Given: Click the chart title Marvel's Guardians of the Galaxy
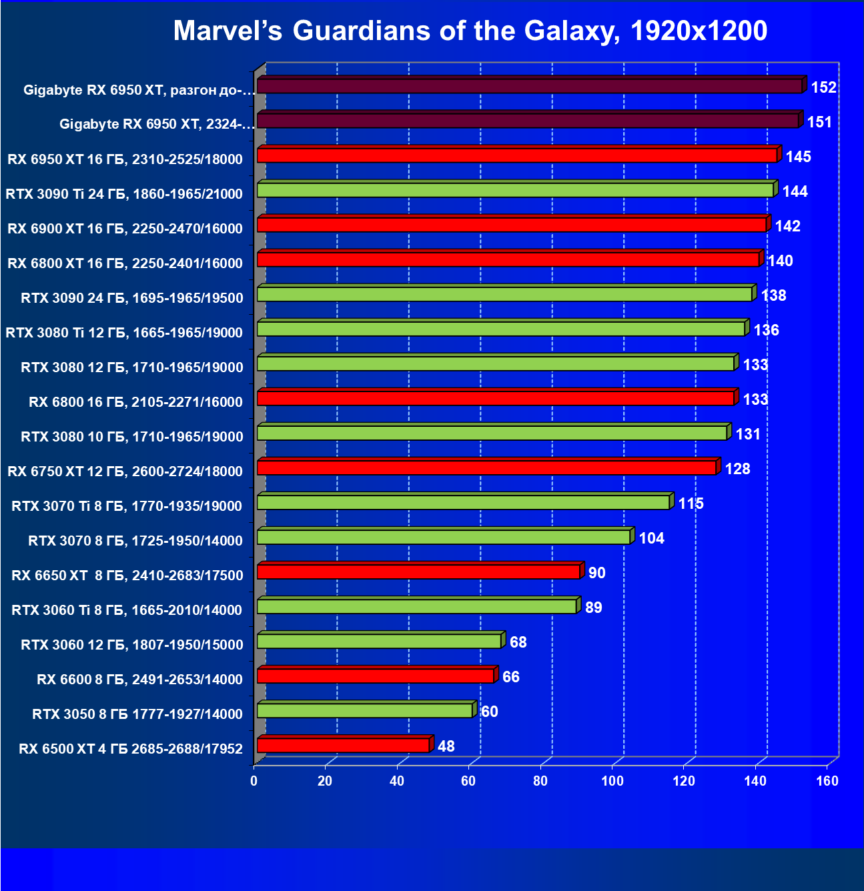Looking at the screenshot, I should click(x=470, y=31).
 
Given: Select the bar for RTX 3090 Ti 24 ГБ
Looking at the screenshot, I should click(x=515, y=190).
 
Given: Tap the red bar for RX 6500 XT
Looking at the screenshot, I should click(x=343, y=745).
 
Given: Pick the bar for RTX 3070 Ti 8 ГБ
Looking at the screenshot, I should click(x=463, y=502).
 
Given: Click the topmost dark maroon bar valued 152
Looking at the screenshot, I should click(x=529, y=86).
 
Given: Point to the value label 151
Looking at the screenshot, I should click(x=819, y=122).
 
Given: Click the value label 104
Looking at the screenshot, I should click(x=651, y=538).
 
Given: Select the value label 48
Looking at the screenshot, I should click(x=446, y=746).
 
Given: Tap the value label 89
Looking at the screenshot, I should click(x=593, y=608).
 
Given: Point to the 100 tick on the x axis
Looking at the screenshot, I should click(x=612, y=781).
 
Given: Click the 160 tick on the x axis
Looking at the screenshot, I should click(x=827, y=781).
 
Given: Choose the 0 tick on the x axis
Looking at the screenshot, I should click(x=254, y=781).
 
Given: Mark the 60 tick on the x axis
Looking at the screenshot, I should click(x=468, y=781).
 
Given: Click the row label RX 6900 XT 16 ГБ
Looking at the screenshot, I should click(x=125, y=229).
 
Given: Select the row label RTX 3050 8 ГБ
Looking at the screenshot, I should click(x=137, y=714).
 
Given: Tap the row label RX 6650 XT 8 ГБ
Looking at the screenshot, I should click(x=127, y=576).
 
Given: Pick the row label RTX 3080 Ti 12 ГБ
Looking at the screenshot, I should click(x=124, y=333).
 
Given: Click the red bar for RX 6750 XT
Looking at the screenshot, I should click(x=486, y=468).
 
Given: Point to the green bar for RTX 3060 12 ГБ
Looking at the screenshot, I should click(x=379, y=641).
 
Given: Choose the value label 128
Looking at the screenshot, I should click(x=737, y=469).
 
